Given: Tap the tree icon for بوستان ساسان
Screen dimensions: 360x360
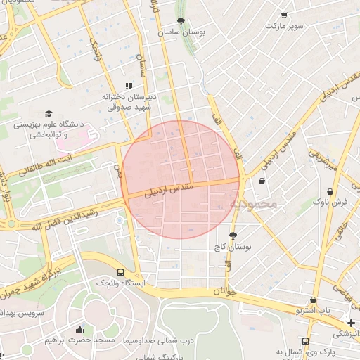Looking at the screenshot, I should pos(181,21).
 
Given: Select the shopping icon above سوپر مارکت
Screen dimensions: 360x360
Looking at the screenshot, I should pos(284,15).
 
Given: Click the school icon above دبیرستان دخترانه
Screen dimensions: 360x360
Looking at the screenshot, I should pos(129,85).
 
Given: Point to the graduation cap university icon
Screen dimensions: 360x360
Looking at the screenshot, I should pos(49,113).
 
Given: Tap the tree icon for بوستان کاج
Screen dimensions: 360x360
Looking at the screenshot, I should pos(233,236).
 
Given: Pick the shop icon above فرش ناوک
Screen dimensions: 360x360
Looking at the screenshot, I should pos(330,191).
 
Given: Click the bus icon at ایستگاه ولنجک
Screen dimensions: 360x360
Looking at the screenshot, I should pos(120,272).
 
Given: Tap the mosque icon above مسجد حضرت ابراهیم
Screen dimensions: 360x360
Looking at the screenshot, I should pos(79,329).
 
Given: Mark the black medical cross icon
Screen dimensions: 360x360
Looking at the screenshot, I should pos(352,323).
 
